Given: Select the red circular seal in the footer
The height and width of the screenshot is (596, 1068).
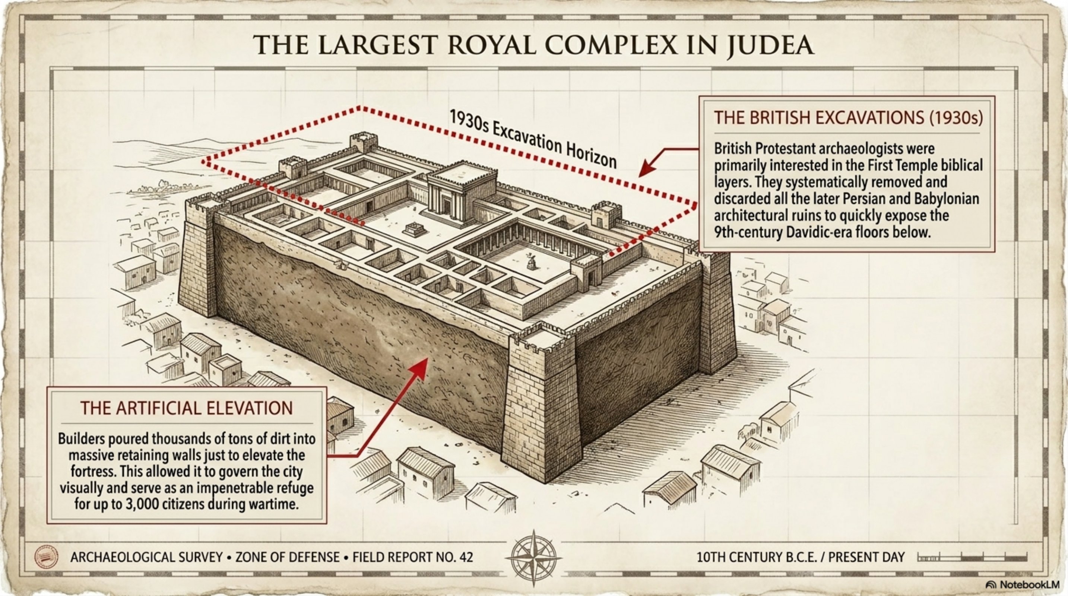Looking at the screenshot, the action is point(46,557).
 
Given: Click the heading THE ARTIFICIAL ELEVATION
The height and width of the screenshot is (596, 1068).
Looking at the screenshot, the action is point(187,408).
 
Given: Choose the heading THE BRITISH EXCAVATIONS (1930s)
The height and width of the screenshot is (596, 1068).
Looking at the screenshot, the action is point(848,118).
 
